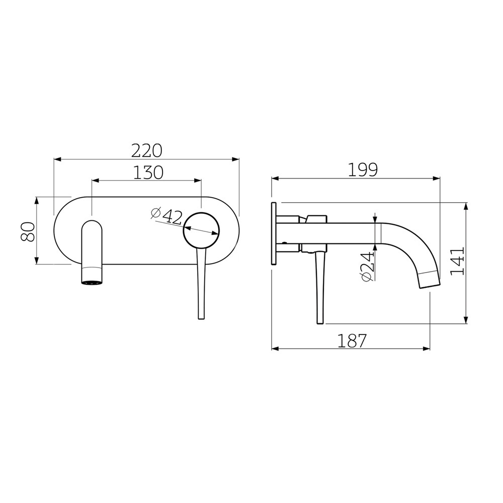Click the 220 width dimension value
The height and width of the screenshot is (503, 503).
tap(146, 150)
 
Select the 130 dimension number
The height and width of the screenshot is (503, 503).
tap(148, 173)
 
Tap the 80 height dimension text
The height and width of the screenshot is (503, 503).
tap(28, 232)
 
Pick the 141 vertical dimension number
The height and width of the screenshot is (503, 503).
tap(457, 261)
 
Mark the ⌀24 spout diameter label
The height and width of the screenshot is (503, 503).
tap(368, 267)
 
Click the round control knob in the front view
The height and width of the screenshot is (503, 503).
tap(201, 230)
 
